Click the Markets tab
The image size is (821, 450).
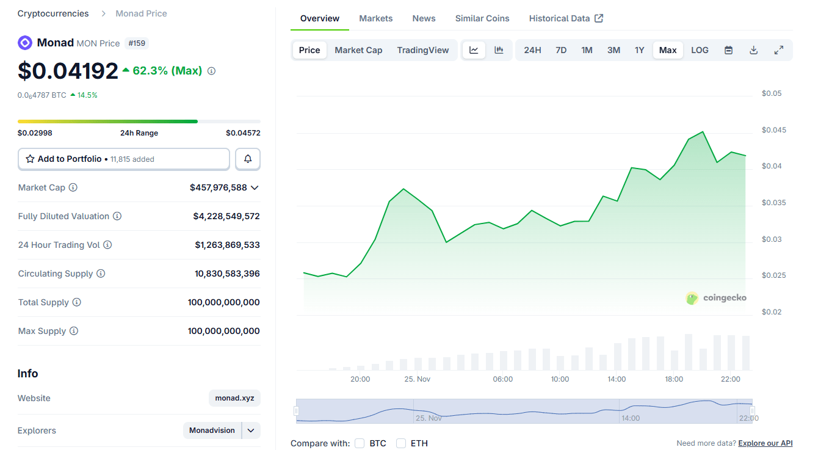pos(375,18)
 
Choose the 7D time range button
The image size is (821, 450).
pos(561,50)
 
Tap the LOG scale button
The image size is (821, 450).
pos(700,50)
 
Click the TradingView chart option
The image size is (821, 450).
pos(422,50)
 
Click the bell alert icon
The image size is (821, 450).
pos(248,159)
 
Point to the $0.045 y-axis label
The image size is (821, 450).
pos(774,130)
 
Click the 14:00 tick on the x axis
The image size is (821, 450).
pos(617,379)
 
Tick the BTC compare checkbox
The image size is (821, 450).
pos(360,443)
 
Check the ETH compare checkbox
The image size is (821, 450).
pos(401,443)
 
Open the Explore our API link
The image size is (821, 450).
pos(765,443)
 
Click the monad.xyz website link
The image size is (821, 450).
pos(234,398)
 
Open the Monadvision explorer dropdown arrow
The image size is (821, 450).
pos(251,430)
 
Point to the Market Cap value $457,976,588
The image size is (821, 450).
pos(219,187)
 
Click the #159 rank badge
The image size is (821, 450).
pos(137,43)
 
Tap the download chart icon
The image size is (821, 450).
pos(753,50)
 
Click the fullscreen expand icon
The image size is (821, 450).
pos(778,50)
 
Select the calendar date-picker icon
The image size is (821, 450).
pos(728,50)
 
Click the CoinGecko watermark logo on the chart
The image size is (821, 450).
pos(716,298)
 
